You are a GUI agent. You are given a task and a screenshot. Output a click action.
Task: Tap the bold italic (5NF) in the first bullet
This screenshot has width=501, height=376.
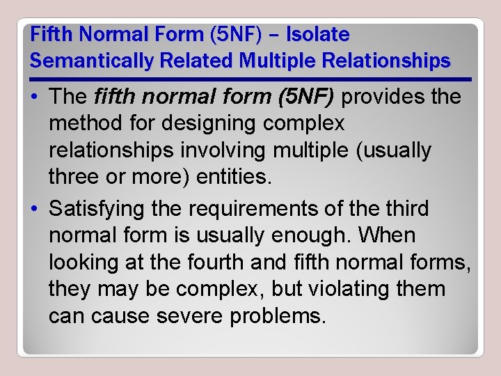point(301,97)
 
